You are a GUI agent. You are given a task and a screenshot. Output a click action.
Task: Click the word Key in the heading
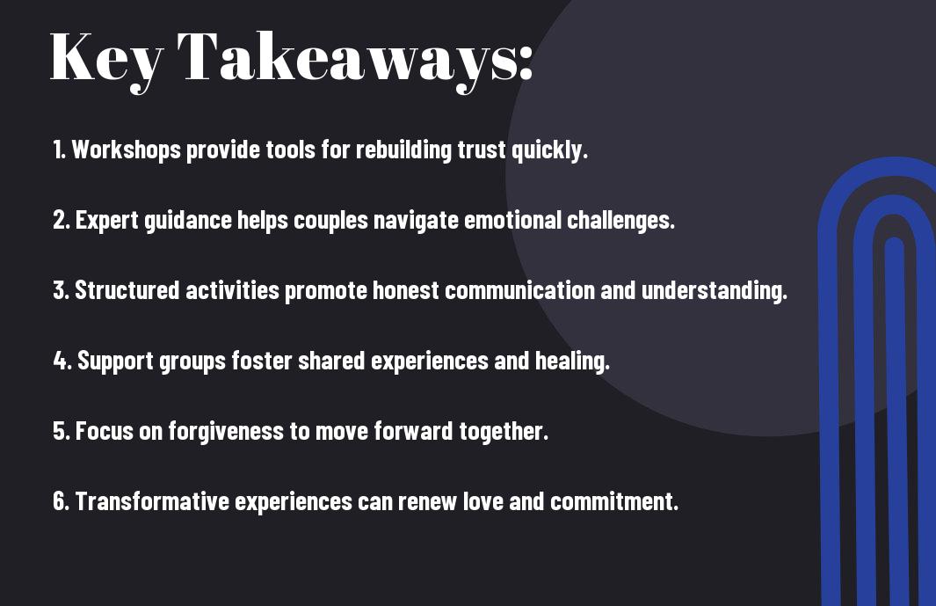point(106,59)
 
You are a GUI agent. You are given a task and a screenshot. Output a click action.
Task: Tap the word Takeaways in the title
point(346,59)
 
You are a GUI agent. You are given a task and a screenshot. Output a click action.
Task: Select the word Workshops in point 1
point(126,150)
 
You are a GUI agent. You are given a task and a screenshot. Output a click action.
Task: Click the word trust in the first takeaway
point(482,150)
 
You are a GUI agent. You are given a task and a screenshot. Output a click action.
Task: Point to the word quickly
point(549,150)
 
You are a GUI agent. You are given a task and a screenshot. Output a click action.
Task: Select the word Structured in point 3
point(127,290)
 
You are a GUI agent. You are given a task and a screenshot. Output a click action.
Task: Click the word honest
point(406,290)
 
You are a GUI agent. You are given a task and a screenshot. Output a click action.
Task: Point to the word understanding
point(715,290)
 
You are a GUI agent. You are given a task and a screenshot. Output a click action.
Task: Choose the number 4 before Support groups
point(60,361)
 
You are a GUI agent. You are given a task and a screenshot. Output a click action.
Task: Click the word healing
point(572,361)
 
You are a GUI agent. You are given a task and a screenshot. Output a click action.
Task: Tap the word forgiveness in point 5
point(226,431)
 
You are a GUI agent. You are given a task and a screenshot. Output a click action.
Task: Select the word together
point(504,432)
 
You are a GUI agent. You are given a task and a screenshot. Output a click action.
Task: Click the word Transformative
point(152,500)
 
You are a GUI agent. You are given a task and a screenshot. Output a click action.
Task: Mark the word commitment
point(614,500)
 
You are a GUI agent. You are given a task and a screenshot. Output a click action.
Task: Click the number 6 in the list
point(61,500)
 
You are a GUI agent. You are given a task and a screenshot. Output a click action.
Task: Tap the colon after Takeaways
point(526,64)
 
